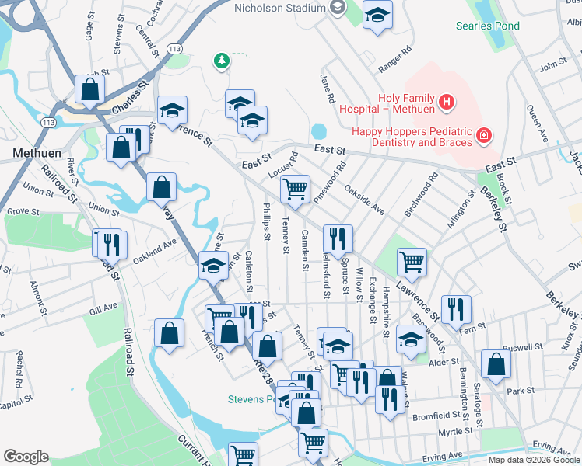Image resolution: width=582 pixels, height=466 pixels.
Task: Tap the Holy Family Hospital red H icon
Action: point(446,101)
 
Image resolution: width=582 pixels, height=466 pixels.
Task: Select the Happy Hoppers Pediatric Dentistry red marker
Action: point(484,136)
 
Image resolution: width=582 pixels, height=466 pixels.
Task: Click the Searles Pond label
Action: point(488,26)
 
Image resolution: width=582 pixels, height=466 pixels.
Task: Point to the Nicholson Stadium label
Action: point(280,9)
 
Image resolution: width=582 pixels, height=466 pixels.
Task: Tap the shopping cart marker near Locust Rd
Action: point(295,188)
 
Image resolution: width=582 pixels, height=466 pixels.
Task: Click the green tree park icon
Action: point(222,60)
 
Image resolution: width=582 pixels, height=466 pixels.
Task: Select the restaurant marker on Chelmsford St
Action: point(337,238)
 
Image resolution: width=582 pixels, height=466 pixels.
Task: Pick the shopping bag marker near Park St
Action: point(496,363)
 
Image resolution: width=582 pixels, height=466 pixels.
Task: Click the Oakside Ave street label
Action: point(365,200)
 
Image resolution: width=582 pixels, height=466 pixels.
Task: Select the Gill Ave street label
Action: point(103,308)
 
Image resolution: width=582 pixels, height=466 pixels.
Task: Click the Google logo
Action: point(26,457)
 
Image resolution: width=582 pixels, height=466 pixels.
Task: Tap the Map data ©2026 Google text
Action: point(533,460)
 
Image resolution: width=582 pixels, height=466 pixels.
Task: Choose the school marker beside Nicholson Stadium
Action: point(377,15)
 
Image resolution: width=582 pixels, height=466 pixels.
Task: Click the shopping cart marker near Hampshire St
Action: point(412,262)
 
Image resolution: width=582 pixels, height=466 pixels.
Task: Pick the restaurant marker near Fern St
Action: point(456,308)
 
